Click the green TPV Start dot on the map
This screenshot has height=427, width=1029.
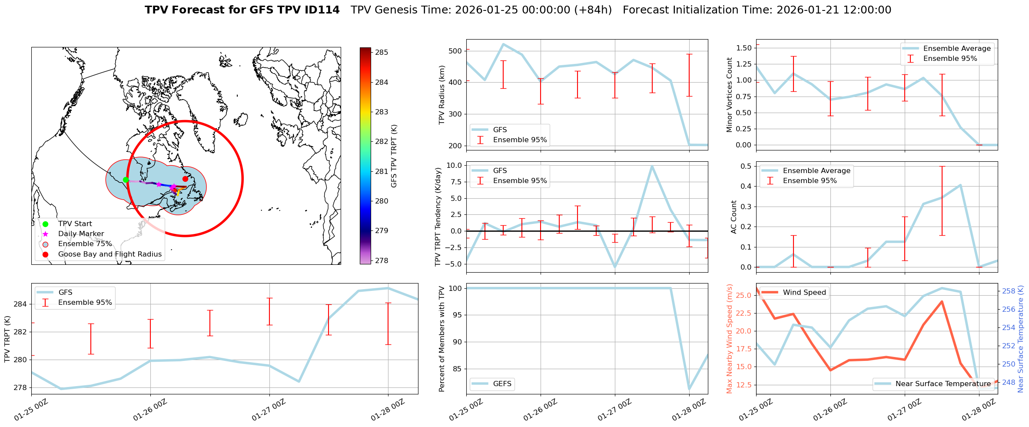click(126, 180)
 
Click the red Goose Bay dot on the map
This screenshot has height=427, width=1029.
click(185, 179)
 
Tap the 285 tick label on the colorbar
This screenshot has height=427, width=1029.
click(382, 52)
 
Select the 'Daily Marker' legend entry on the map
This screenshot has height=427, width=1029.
click(81, 234)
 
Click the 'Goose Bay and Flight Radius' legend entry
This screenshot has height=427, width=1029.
click(110, 254)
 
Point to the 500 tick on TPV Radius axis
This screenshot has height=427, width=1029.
click(455, 51)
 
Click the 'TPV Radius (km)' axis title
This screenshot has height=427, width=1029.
click(442, 95)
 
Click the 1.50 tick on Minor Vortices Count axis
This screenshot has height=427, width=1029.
click(744, 48)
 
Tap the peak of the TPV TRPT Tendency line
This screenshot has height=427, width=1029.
click(652, 166)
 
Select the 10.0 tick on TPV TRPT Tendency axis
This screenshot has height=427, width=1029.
click(454, 165)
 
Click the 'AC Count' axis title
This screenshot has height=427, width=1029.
click(734, 217)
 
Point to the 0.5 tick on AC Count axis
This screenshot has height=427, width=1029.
click(746, 166)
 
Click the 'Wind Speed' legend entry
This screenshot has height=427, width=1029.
click(804, 293)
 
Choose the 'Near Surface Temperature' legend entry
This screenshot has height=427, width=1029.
click(943, 384)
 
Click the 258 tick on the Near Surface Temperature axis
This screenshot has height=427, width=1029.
click(1009, 291)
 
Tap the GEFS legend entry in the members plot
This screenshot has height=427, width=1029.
click(502, 384)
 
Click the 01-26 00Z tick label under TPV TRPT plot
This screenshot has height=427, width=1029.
click(150, 410)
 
